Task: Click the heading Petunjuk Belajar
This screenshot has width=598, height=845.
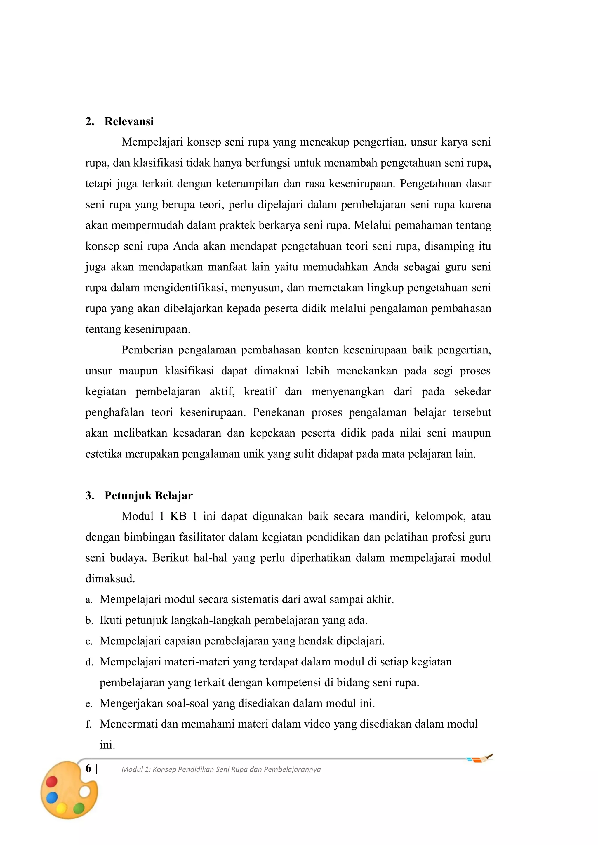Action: click(148, 496)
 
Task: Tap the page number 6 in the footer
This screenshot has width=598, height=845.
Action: click(88, 768)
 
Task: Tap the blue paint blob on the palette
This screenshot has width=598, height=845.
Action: click(52, 797)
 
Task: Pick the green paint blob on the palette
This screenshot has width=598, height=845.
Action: click(79, 808)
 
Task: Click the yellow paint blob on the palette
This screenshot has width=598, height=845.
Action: click(62, 808)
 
